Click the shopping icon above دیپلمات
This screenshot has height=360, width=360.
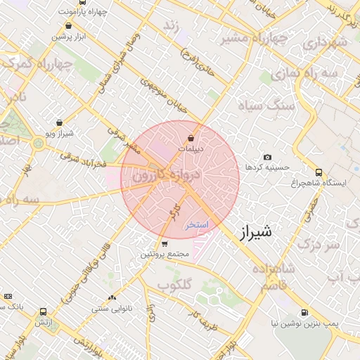(x=191, y=138)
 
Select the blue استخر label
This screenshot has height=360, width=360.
(x=197, y=226)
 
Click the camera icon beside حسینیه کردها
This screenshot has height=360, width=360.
(x=267, y=157)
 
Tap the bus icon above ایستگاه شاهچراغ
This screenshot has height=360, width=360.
(x=319, y=172)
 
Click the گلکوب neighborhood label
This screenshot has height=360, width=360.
(x=174, y=285)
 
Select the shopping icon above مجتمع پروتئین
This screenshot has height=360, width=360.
(x=165, y=244)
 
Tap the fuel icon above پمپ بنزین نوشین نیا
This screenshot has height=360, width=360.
(x=304, y=312)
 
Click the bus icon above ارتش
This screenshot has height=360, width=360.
(x=44, y=311)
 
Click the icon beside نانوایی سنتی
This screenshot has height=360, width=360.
(x=112, y=298)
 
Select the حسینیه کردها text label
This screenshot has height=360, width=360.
(x=264, y=167)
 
